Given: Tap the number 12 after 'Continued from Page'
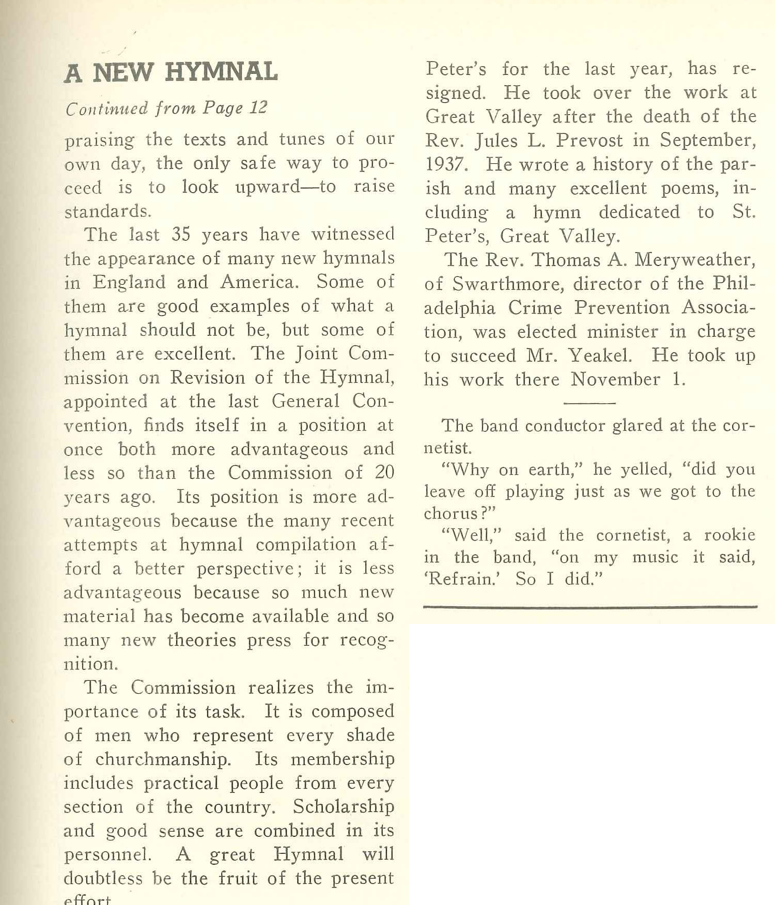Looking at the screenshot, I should click(x=258, y=107).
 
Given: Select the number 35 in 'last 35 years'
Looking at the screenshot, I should click(x=181, y=235).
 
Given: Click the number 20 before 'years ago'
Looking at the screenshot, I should click(x=383, y=473).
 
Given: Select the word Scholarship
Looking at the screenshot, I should click(x=344, y=806).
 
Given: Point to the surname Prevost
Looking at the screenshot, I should click(x=589, y=141).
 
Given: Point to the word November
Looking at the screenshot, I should click(x=615, y=379).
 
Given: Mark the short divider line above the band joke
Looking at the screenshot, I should click(x=590, y=402).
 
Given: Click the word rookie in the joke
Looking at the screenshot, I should click(x=730, y=535).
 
